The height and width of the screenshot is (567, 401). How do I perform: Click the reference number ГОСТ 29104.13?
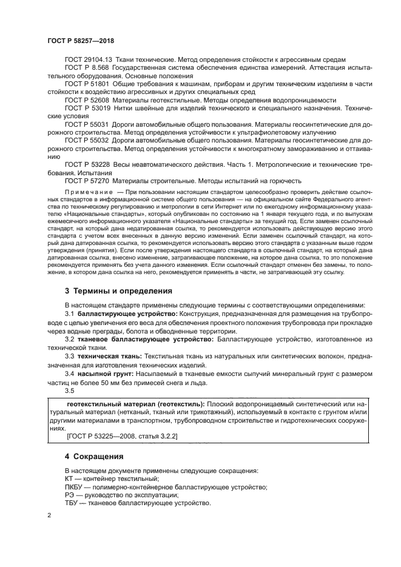pos(86,59)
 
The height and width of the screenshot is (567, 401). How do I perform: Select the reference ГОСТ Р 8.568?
pos(84,69)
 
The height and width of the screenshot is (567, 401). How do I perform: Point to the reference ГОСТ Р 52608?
pos(84,99)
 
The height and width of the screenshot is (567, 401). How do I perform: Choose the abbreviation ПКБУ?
pos(74,488)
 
